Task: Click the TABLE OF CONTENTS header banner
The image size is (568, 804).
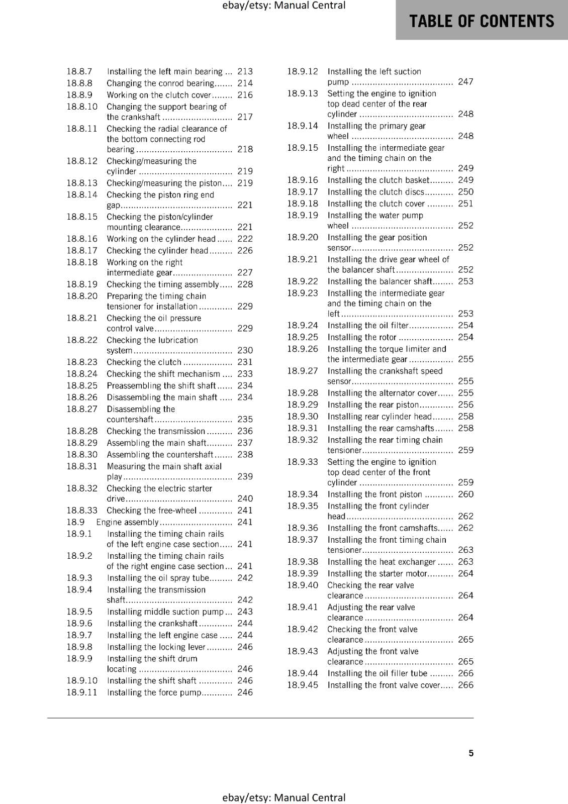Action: point(482,21)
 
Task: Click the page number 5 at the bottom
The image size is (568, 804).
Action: point(471,753)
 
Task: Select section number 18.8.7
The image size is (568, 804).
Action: point(79,71)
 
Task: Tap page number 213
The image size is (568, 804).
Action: point(245,71)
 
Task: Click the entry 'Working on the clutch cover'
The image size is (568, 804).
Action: point(159,95)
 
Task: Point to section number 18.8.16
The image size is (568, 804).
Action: point(82,239)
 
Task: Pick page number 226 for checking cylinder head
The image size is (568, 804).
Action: point(245,250)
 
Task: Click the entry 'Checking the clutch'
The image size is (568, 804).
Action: point(144,362)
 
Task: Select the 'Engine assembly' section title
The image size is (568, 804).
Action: point(127,522)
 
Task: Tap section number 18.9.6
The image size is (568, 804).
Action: point(79,623)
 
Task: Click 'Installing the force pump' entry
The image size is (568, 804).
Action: point(154,692)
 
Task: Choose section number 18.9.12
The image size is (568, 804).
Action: point(303,71)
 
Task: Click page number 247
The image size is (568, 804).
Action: point(465,81)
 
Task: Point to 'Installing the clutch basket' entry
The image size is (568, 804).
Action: point(378,180)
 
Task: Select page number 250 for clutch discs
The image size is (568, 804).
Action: point(465,191)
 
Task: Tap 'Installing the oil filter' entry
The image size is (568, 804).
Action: point(368,325)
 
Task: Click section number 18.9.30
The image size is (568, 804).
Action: point(303,416)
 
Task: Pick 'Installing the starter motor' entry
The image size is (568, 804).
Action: point(377,573)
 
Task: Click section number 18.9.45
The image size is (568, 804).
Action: point(303,685)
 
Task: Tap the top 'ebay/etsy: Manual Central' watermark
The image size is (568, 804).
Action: point(283,6)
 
